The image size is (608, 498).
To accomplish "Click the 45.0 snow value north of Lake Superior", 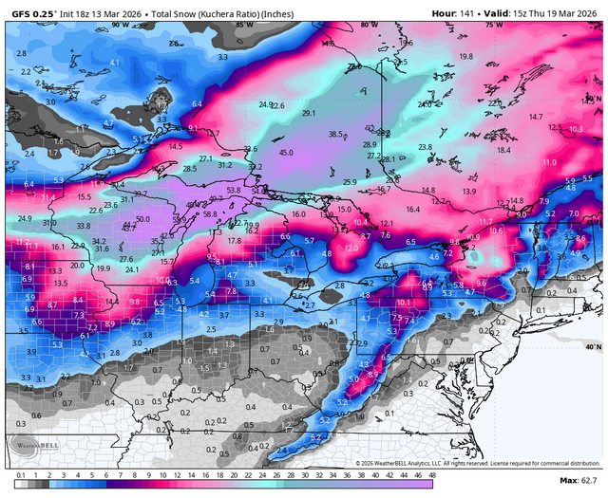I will tap(286, 152).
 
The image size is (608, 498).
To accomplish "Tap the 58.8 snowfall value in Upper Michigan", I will tap(211, 214).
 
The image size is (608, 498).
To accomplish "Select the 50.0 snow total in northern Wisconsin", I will tap(142, 219).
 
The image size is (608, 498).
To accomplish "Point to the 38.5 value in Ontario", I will tap(336, 135).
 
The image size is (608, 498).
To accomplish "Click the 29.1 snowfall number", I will tap(308, 113).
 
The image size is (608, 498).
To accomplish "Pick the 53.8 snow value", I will tap(234, 191).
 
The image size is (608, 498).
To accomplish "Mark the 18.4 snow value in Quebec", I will tap(503, 150).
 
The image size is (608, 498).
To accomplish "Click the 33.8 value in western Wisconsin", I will tap(83, 226).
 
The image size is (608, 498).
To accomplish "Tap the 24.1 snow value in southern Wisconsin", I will tap(133, 269).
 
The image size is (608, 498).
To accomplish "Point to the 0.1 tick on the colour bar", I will tap(21, 474).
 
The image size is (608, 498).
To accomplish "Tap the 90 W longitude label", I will tap(119, 26).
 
